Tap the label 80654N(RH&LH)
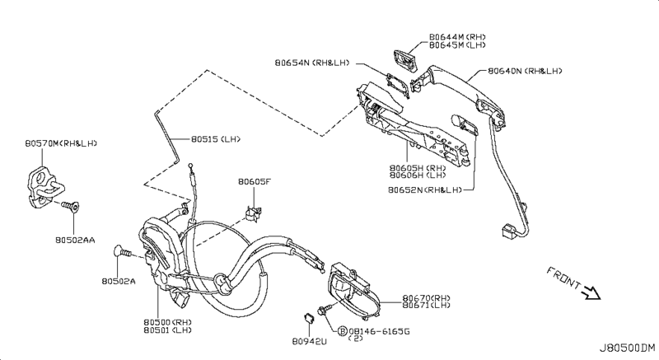315,61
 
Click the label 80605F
255,182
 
